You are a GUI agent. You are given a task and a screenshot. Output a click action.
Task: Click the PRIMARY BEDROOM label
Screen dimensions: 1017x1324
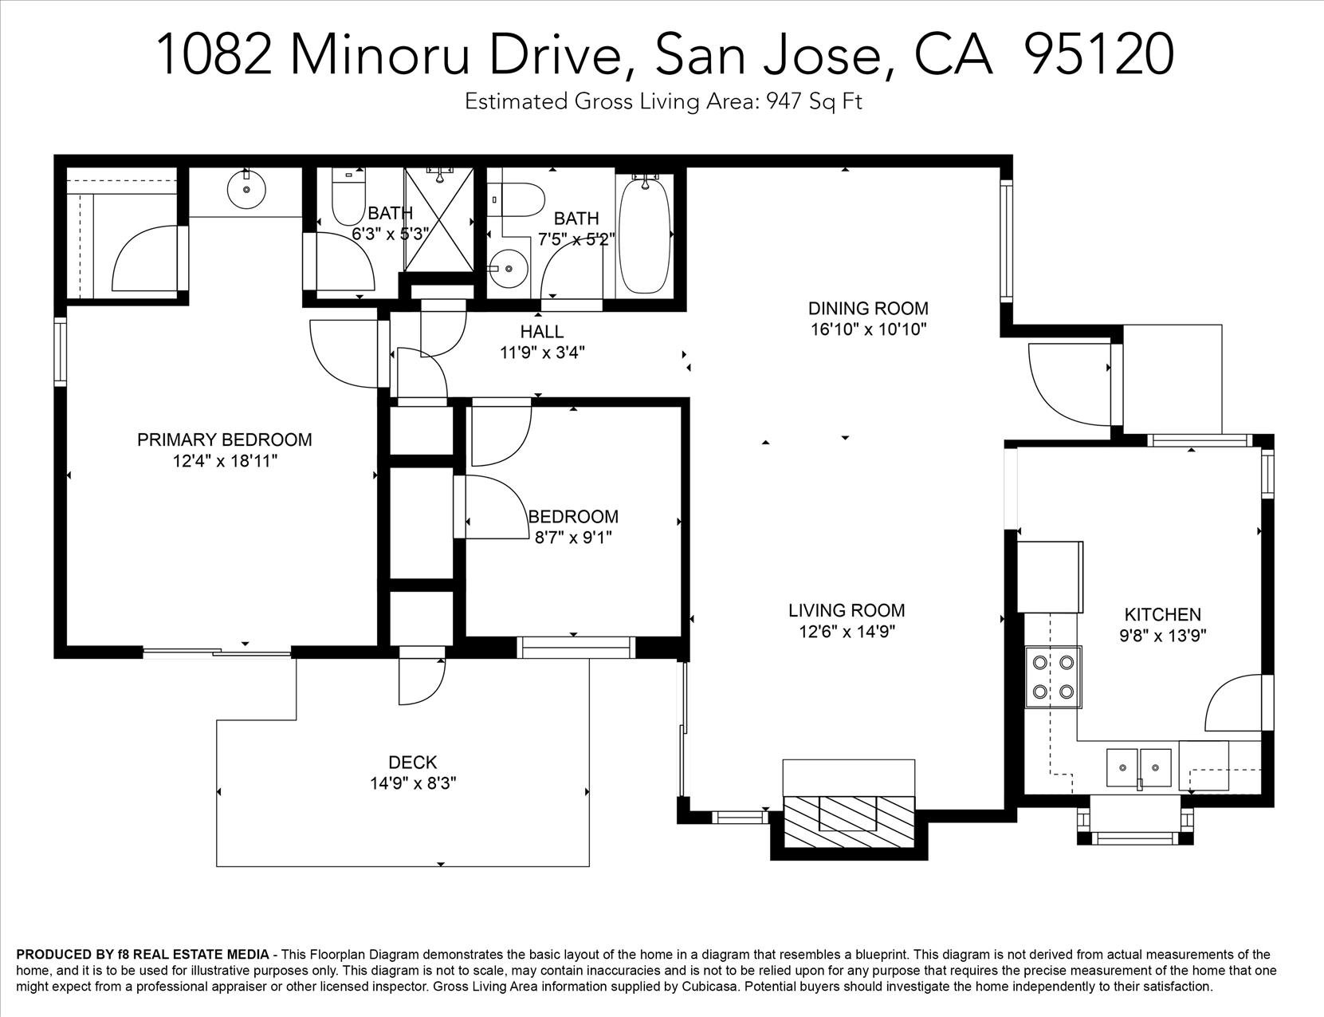(224, 440)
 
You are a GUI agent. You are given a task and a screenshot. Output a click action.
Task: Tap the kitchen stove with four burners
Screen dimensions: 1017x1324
(1053, 676)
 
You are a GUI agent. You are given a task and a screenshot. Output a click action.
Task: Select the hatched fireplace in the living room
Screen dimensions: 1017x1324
(849, 822)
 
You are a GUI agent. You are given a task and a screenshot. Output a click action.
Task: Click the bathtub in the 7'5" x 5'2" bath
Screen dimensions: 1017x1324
(646, 235)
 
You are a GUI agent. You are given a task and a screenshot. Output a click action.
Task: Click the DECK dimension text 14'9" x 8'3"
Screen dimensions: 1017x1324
(413, 783)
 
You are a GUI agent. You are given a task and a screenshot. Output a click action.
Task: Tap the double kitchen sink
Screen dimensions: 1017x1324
(1138, 767)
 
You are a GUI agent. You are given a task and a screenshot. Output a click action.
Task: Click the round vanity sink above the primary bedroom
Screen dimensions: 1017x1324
(246, 190)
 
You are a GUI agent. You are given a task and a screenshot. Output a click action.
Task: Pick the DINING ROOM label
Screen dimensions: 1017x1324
(868, 309)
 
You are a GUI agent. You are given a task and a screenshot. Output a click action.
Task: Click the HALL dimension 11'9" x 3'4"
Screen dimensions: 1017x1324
(542, 353)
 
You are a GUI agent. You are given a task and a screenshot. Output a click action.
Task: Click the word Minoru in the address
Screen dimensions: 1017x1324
(379, 54)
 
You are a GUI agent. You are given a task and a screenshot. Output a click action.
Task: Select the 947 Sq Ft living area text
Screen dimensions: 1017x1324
(813, 101)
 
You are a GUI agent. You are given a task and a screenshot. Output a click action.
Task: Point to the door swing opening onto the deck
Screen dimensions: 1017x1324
(422, 683)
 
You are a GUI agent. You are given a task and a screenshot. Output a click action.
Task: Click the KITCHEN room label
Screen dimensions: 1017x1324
(1162, 614)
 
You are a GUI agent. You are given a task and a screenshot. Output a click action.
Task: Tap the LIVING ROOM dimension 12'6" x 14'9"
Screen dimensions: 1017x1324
(847, 632)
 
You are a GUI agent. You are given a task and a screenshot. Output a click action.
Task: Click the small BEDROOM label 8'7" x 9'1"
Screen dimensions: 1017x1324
(573, 517)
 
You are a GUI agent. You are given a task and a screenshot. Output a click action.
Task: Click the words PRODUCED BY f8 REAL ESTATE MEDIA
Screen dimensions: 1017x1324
(143, 954)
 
